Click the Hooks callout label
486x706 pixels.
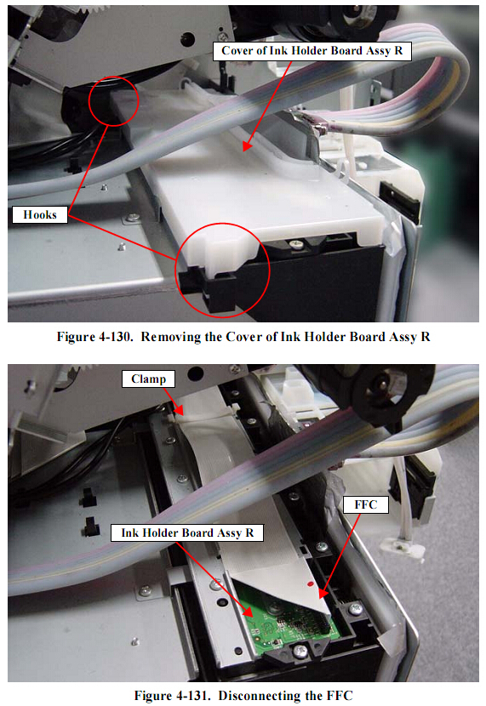click(x=40, y=214)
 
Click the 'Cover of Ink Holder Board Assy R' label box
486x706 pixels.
click(x=312, y=51)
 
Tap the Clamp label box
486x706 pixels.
click(x=148, y=379)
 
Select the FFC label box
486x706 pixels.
click(x=365, y=504)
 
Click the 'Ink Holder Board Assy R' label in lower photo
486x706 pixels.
click(x=187, y=532)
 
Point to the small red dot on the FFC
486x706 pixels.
click(x=310, y=584)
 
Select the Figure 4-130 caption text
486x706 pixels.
click(x=243, y=337)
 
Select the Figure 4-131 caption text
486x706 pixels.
click(x=243, y=695)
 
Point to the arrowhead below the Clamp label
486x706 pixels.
click(x=179, y=410)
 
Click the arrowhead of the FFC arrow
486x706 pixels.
click(x=323, y=594)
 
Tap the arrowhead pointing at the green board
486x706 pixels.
click(x=248, y=612)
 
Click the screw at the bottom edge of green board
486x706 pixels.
click(x=300, y=650)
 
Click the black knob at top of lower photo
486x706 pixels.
click(x=387, y=387)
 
